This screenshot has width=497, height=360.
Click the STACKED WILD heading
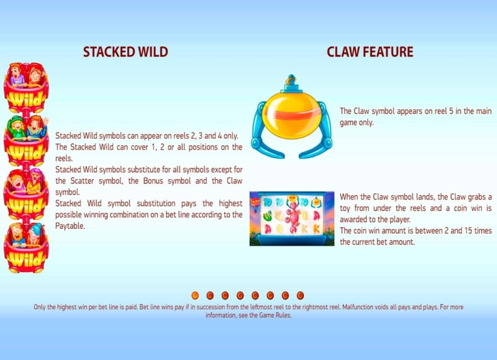point(126,52)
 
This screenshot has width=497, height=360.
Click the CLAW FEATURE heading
point(370,52)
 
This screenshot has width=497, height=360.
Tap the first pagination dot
point(195,296)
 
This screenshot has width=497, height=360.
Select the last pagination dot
point(300,296)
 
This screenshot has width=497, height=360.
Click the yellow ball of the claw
point(292,113)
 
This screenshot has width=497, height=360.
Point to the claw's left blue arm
point(264,133)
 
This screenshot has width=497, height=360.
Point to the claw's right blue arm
point(318,133)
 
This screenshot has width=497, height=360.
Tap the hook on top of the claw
point(291,80)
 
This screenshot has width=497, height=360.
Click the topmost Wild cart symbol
point(26,87)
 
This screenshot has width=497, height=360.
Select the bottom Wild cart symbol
point(26,248)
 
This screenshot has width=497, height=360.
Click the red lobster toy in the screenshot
point(293,216)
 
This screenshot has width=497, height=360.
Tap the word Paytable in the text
point(70,226)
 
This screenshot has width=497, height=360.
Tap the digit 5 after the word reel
point(451,111)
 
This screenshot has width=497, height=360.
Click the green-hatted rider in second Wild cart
point(18,128)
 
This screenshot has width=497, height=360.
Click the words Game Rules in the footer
point(275,315)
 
